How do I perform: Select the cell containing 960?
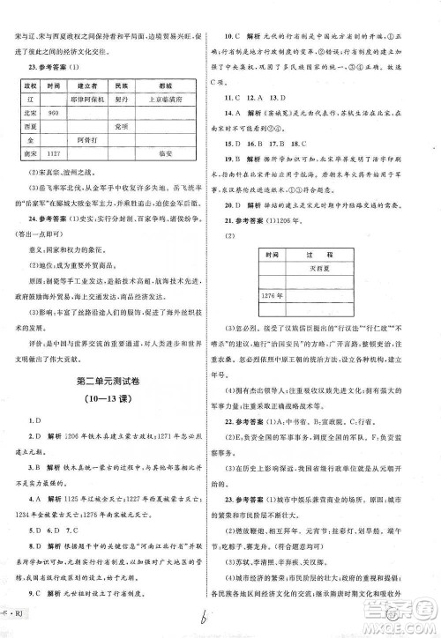[x=52, y=113]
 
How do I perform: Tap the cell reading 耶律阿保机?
[x=86, y=100]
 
